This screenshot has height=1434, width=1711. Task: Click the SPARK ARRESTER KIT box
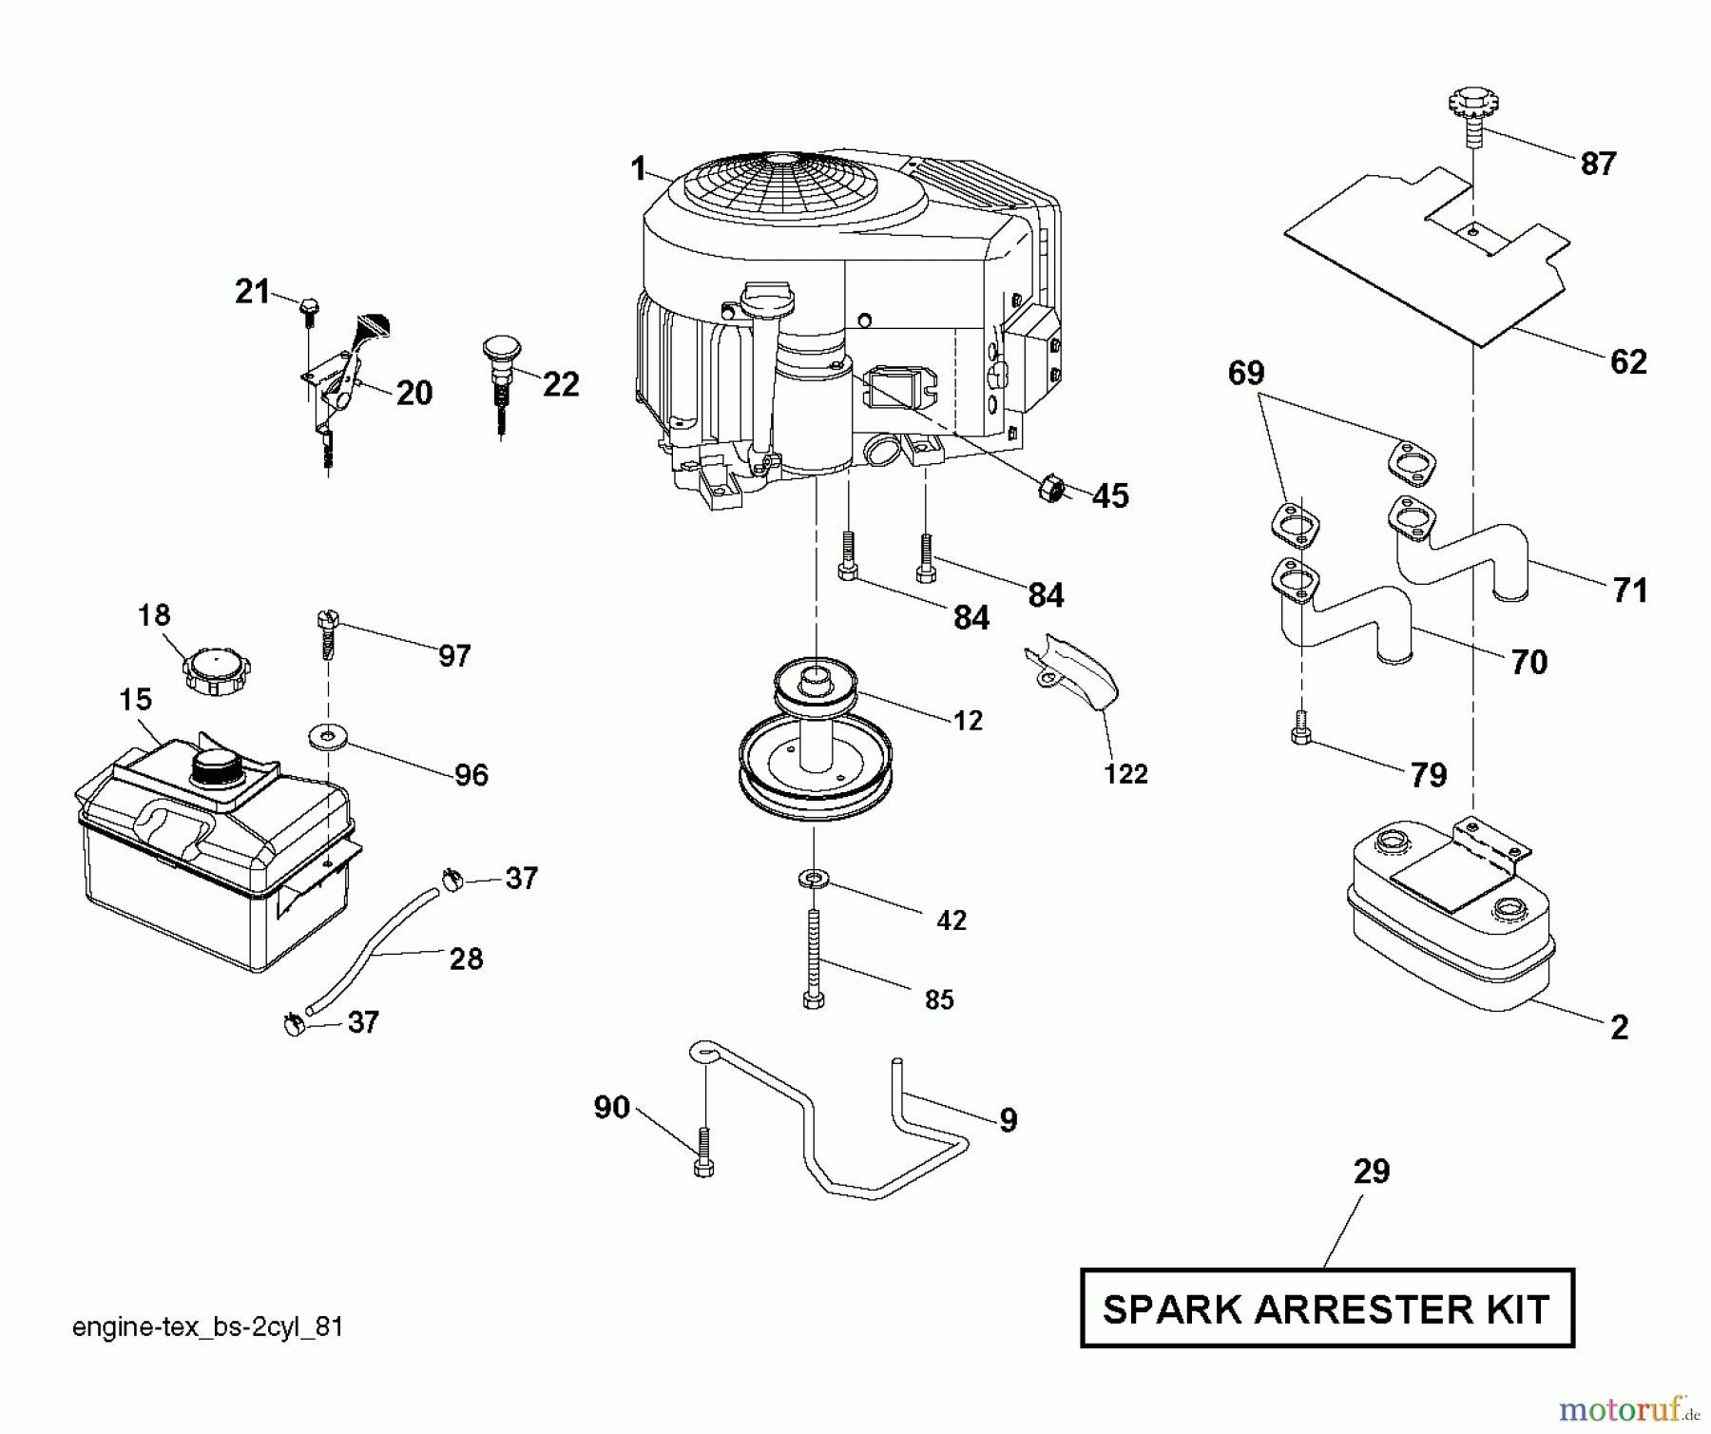coord(1327,1309)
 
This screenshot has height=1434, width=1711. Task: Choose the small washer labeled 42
coord(814,877)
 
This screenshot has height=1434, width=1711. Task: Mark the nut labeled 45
coord(1051,490)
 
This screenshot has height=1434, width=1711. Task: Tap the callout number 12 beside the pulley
coord(968,721)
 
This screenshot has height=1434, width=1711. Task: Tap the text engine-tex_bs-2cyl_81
coord(207,1327)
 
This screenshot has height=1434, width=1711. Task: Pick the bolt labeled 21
coord(309,307)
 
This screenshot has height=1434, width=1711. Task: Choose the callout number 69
coord(1246,374)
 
